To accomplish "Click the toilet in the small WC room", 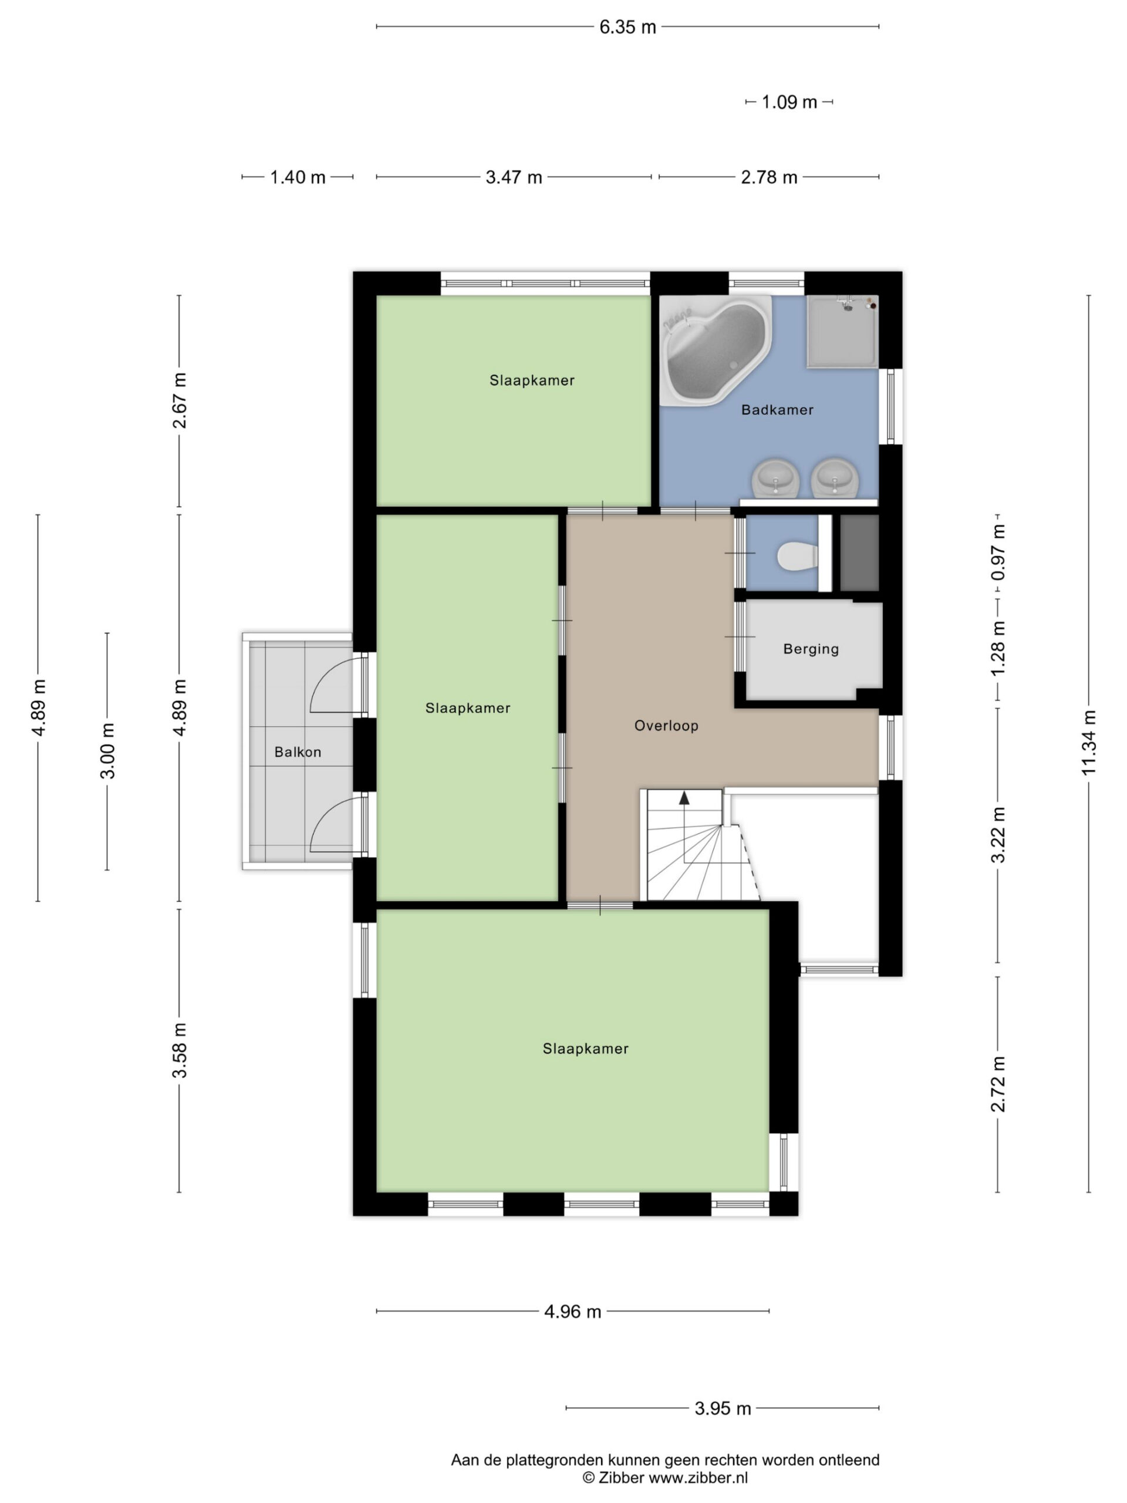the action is click(796, 556).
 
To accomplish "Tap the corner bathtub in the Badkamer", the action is click(716, 350).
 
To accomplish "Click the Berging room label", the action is click(811, 649).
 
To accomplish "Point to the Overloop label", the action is click(666, 726).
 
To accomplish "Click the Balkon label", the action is click(298, 752).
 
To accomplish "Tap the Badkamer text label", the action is click(777, 410).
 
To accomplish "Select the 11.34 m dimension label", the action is click(1089, 743).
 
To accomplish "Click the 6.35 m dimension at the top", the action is click(627, 27).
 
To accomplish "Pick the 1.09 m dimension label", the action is click(789, 103).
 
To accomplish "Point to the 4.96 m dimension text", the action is click(573, 1312).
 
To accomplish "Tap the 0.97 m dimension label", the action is click(998, 553).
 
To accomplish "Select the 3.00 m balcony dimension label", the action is click(107, 751).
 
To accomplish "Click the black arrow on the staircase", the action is click(684, 798).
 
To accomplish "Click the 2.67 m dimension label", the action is click(180, 400).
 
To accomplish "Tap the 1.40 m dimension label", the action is click(298, 178).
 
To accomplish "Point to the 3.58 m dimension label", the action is click(180, 1050).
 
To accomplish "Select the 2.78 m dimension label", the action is click(769, 178).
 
